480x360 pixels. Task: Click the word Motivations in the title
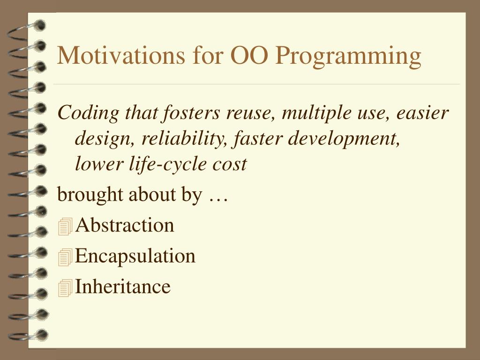tap(121, 55)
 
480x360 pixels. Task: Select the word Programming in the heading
tap(348, 57)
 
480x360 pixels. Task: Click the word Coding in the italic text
tap(88, 113)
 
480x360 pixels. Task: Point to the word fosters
tap(191, 112)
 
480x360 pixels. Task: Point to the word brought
tap(90, 195)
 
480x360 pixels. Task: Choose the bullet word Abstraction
tap(125, 225)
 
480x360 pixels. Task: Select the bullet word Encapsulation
tap(135, 256)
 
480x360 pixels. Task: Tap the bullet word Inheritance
tap(123, 286)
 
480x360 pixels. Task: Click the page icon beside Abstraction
tap(65, 226)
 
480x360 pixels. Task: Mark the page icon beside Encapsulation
tap(65, 257)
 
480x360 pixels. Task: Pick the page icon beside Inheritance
tap(65, 288)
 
